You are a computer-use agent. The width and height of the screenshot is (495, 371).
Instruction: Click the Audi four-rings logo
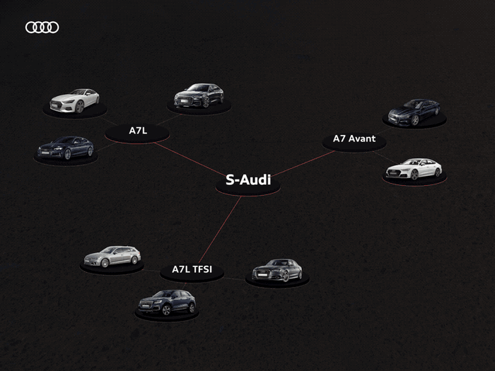(x=42, y=28)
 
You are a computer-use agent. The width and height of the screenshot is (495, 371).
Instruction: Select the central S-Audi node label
(x=248, y=179)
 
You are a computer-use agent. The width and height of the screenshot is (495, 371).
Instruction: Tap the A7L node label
(x=138, y=131)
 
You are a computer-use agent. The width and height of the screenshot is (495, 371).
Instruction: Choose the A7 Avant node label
(x=354, y=139)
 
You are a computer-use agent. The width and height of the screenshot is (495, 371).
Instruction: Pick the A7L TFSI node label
(x=192, y=269)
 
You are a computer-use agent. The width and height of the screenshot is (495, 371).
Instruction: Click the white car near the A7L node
(x=74, y=100)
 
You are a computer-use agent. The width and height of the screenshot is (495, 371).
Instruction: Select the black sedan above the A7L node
(x=199, y=95)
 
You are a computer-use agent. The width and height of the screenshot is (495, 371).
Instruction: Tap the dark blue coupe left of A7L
(x=66, y=148)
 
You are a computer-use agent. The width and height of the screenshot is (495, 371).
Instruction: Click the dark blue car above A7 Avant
(x=414, y=112)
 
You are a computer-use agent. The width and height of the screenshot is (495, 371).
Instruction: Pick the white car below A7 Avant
(x=414, y=169)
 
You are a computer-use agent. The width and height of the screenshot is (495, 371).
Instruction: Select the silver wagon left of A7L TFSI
(x=112, y=257)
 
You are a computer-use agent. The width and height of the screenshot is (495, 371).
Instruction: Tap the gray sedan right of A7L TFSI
(x=277, y=271)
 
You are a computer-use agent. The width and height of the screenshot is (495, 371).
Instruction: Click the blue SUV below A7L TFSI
(x=167, y=302)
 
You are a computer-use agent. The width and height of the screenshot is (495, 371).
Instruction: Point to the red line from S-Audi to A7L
(x=189, y=159)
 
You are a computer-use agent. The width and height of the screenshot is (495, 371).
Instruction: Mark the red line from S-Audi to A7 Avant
(x=303, y=163)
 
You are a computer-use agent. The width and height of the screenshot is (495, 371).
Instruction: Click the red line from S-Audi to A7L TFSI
(x=220, y=230)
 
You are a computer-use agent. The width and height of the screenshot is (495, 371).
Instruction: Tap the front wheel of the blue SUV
(x=166, y=310)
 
